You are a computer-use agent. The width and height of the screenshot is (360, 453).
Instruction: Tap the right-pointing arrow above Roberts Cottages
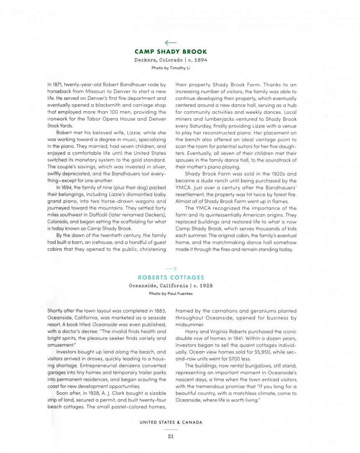[x=171, y=268]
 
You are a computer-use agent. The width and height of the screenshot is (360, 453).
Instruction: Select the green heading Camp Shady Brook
[x=171, y=52]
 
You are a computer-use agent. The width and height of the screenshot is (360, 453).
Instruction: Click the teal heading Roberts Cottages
[x=171, y=277]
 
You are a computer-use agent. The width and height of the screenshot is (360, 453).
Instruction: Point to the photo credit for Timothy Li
[x=171, y=67]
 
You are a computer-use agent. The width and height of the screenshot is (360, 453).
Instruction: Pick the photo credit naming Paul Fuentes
[x=171, y=294]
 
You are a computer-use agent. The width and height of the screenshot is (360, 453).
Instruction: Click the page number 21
[x=171, y=436]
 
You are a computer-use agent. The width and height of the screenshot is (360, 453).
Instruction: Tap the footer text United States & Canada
[x=171, y=422]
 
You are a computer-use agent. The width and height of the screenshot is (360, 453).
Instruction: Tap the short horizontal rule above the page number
[x=171, y=430]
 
